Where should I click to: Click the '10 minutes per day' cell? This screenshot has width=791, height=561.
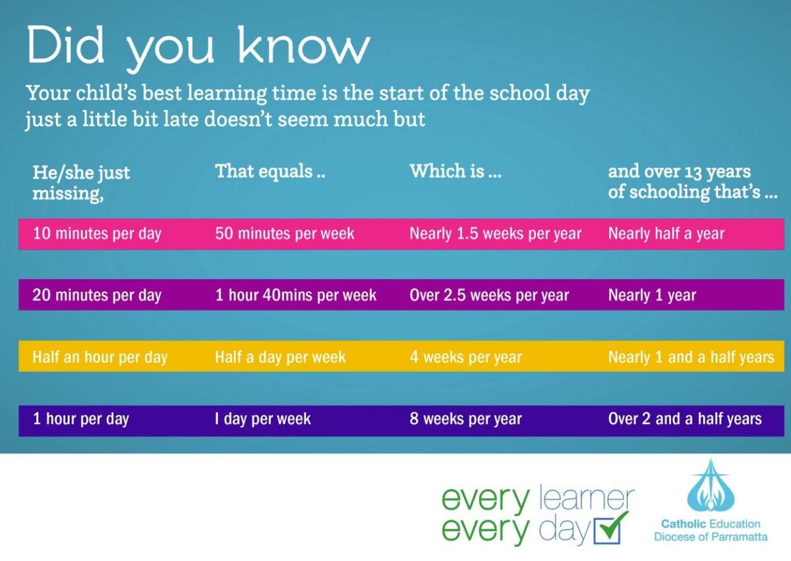[97, 234]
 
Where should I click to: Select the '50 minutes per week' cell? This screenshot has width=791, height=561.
[285, 234]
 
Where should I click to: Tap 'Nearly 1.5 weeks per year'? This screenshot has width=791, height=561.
[496, 234]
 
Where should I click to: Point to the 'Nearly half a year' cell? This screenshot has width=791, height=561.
[666, 234]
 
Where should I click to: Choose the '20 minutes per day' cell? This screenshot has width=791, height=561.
[97, 296]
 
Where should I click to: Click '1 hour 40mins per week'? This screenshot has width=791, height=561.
[296, 296]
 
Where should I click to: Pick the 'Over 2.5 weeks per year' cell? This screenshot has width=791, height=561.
[489, 296]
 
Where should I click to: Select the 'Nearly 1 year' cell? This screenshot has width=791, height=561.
[652, 296]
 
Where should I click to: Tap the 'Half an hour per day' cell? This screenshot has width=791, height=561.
[100, 357]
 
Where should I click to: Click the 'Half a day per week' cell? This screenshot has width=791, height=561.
[280, 357]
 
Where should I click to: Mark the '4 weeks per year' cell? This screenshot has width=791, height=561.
[466, 357]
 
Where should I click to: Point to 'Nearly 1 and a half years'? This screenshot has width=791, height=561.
[691, 357]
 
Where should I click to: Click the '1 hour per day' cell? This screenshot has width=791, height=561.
[81, 419]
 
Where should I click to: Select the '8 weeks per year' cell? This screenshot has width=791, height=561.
[466, 419]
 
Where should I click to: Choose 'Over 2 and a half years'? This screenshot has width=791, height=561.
[685, 419]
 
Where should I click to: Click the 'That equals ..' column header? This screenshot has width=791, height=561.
[270, 172]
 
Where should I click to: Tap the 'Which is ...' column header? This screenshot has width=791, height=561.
[455, 171]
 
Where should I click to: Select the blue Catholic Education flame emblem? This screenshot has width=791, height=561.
[711, 486]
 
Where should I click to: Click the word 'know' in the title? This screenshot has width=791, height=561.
[304, 46]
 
